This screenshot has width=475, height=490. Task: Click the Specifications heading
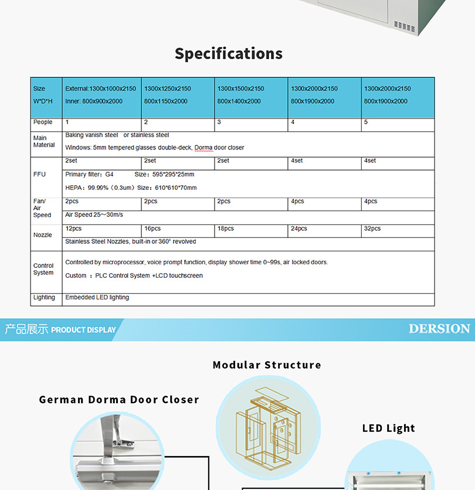click(x=229, y=54)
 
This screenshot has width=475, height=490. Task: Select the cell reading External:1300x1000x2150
click(x=100, y=89)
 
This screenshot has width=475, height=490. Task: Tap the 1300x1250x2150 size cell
click(x=168, y=89)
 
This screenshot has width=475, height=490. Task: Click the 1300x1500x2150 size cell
click(x=241, y=89)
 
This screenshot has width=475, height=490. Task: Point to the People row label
click(x=43, y=122)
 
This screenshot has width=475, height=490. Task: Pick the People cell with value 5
click(x=366, y=122)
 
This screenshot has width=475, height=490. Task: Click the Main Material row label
click(x=44, y=141)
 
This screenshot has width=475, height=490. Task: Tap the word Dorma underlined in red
click(x=205, y=148)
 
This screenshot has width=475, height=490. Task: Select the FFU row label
click(x=39, y=175)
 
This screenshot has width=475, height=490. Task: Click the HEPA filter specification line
click(x=131, y=188)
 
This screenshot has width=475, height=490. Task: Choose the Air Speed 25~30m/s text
click(x=94, y=215)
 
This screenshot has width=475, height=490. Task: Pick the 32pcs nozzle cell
click(x=372, y=229)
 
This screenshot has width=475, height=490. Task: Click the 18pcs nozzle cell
click(x=226, y=229)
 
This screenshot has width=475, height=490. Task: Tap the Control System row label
click(x=43, y=269)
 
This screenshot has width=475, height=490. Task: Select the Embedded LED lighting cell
click(x=97, y=298)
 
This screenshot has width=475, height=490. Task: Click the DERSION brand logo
click(x=439, y=329)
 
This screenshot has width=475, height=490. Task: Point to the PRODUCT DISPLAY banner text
click(x=83, y=330)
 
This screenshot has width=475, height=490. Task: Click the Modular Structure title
click(x=267, y=365)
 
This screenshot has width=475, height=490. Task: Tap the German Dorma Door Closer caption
click(x=119, y=400)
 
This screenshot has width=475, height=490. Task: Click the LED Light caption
click(x=388, y=428)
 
